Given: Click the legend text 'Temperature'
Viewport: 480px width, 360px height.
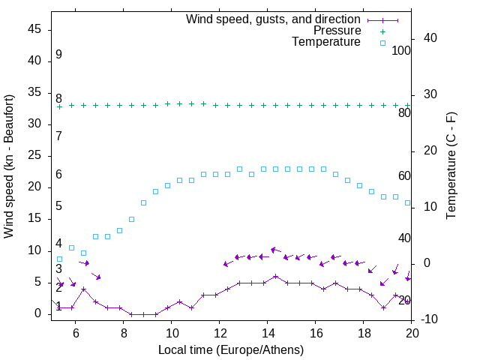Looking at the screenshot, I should [x=326, y=42].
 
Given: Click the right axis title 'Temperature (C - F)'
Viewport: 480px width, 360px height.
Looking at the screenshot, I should [x=451, y=166].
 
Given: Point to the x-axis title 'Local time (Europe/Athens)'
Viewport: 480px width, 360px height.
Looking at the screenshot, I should [x=231, y=349].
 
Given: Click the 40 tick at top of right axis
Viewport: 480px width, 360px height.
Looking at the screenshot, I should [x=430, y=38].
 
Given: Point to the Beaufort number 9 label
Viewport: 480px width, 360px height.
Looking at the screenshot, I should [x=58, y=55].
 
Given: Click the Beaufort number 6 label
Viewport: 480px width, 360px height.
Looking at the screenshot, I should [x=58, y=175].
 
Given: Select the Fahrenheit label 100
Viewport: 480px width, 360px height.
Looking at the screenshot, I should [x=401, y=50].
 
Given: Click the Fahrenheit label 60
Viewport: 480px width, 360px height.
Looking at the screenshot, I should [x=404, y=175].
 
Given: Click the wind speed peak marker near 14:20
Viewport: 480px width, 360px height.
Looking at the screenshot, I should [x=276, y=276].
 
